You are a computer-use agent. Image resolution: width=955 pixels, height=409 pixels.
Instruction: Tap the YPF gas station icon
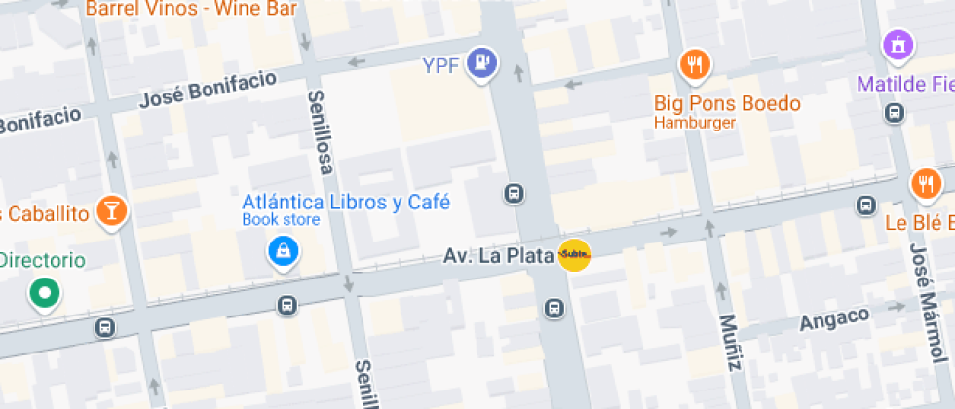tap(482, 64)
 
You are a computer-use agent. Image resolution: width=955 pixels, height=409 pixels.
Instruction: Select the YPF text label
tap(440, 65)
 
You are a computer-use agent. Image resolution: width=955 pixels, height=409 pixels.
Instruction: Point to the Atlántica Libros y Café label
tap(346, 203)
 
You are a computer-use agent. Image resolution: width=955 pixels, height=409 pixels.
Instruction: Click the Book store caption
tap(281, 220)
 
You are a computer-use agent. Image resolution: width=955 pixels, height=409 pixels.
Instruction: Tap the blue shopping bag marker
tap(284, 251)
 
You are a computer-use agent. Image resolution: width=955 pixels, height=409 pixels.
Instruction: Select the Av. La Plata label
tap(498, 256)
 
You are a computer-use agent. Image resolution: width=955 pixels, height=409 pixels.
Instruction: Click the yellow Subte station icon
tap(574, 255)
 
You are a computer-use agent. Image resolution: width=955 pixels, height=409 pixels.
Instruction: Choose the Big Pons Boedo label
tap(727, 103)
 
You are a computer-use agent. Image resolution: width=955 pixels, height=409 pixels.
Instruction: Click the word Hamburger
tap(695, 123)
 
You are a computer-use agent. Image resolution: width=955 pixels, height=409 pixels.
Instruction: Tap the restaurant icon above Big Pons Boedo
tap(694, 65)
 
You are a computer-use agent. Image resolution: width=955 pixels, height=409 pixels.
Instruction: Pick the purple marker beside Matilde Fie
tap(898, 45)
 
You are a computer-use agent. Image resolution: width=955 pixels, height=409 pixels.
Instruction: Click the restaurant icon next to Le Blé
tap(926, 183)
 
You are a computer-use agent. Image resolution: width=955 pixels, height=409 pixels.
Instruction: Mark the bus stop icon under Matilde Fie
tap(894, 113)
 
